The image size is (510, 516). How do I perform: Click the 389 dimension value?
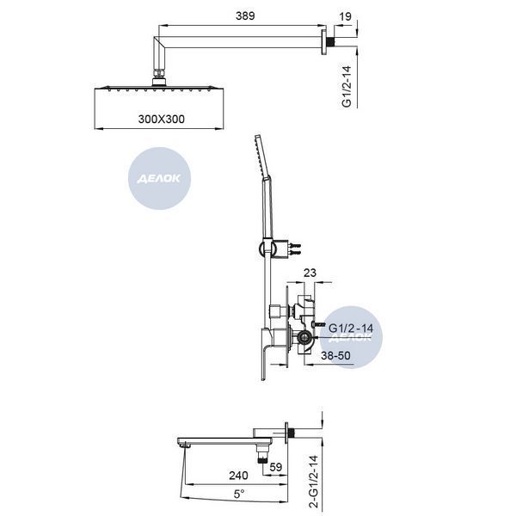245,15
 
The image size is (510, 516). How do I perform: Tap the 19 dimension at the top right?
345,16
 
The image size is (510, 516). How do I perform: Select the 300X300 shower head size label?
161,120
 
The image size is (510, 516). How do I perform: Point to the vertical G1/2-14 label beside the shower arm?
347,87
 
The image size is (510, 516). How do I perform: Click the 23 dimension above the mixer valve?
310,273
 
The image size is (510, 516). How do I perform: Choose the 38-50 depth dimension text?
335,356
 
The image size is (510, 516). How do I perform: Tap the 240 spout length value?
238,476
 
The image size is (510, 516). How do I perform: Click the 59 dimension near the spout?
276,467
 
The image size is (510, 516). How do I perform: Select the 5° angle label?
239,494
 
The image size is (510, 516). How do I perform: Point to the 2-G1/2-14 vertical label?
314,481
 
